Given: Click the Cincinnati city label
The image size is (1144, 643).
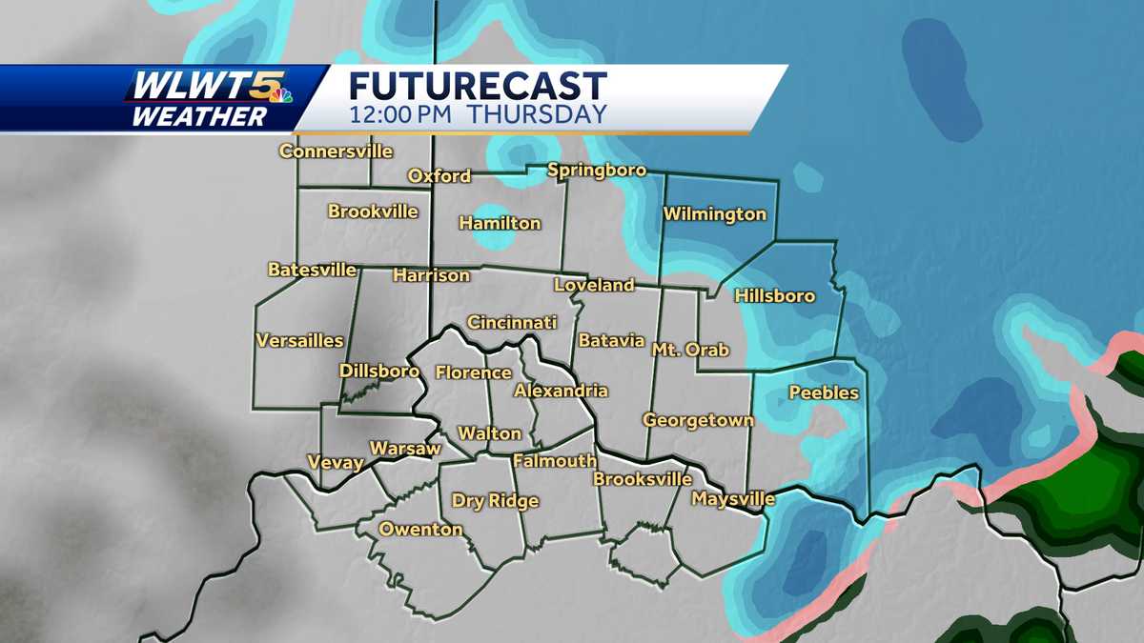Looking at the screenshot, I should [x=511, y=323].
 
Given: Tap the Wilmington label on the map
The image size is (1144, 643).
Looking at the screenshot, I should [x=714, y=214].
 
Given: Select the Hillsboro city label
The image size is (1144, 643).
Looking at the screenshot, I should [x=774, y=296].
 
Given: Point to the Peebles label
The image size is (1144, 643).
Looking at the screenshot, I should [x=824, y=392].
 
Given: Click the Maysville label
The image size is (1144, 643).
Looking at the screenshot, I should [x=733, y=498].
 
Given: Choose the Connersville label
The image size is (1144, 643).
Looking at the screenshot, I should [x=336, y=151].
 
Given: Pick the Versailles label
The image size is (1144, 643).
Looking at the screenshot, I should [x=299, y=340].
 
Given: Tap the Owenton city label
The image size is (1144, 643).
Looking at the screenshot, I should [x=420, y=530].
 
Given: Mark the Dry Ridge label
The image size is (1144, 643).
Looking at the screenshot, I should [x=495, y=501].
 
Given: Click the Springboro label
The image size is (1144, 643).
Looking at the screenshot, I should [x=597, y=171].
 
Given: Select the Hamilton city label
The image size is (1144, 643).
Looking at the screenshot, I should [x=500, y=224].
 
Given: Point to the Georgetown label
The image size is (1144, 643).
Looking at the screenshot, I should [x=698, y=420].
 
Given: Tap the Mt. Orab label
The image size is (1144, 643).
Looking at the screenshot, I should [x=690, y=350].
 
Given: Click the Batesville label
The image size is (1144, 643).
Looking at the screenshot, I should [x=312, y=270].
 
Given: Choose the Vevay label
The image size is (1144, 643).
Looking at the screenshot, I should [x=336, y=463].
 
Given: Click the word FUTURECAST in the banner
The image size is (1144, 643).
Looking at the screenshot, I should [x=478, y=87].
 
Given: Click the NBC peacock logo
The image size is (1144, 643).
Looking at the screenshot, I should [x=280, y=92].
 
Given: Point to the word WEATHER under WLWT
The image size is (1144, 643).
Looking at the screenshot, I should [x=199, y=116].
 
